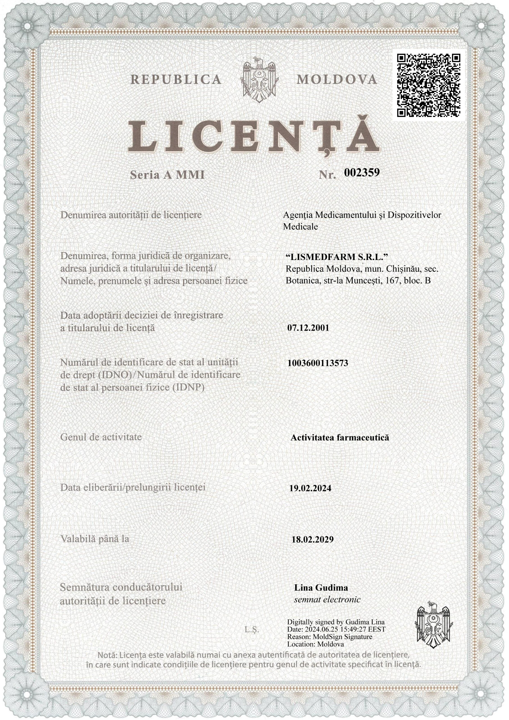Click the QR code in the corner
coord(428,85)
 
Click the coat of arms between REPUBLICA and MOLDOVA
coord(259,80)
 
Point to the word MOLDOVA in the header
coord(337,80)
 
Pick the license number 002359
coord(362,172)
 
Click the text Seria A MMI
coord(167,175)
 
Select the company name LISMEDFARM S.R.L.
coord(337,257)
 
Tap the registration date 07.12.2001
coord(308,328)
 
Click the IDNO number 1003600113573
coord(318,363)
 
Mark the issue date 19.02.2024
coord(310,489)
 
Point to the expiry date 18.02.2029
coord(313,540)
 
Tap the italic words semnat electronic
coord(327,600)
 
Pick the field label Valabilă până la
coord(95,539)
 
